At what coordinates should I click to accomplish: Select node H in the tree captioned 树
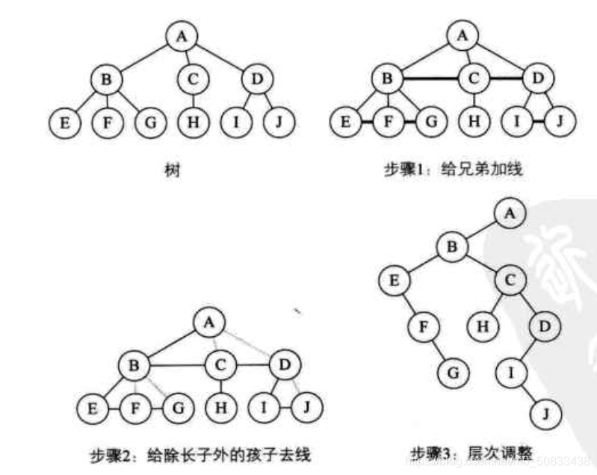(194, 122)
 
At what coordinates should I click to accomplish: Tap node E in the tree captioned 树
(65, 122)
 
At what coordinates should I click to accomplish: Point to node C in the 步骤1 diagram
(473, 78)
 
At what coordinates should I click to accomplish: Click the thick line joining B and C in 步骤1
(430, 78)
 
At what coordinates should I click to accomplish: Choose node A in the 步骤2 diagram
(208, 323)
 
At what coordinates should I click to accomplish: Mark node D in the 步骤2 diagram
(284, 366)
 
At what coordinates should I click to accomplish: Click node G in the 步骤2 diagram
(180, 409)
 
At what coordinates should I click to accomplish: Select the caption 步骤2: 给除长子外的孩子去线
(201, 454)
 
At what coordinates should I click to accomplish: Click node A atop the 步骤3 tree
(510, 213)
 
